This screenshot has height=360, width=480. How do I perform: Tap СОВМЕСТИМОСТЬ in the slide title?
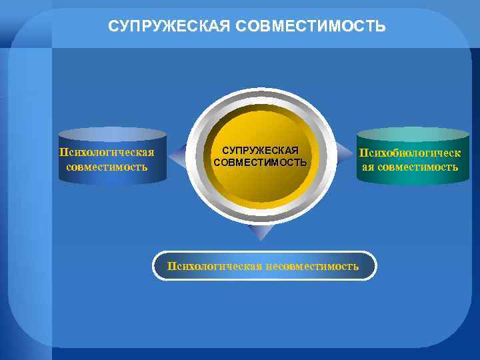click(x=302, y=27)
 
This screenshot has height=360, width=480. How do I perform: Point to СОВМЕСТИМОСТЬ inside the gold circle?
click(x=260, y=162)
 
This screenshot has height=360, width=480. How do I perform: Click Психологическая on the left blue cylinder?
click(x=107, y=152)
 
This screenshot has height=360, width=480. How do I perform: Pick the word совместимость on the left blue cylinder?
click(x=107, y=166)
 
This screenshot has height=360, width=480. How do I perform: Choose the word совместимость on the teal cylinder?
click(x=418, y=167)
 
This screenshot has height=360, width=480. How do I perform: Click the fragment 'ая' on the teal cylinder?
click(x=368, y=167)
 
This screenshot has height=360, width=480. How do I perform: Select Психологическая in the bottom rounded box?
click(x=215, y=266)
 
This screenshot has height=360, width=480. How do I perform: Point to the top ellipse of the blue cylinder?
click(x=111, y=133)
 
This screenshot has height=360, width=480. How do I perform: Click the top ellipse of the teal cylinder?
click(x=413, y=133)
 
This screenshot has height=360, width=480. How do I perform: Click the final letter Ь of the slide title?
click(x=381, y=27)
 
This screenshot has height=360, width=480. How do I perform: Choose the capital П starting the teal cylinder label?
click(x=364, y=153)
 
